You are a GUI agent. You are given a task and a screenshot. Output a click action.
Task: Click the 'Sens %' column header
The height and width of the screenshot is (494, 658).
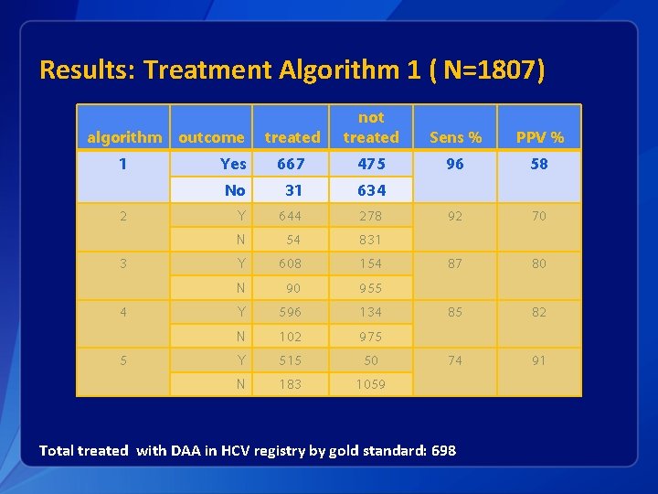coord(455,137)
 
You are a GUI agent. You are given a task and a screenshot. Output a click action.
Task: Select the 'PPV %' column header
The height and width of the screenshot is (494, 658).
coord(539,137)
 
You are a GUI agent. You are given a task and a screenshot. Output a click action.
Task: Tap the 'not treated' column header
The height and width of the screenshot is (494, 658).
coord(371,127)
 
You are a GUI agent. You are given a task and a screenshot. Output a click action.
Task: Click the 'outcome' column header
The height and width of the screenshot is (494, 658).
coord(211,137)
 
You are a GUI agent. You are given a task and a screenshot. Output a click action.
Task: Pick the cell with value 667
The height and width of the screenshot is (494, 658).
coord(292,164)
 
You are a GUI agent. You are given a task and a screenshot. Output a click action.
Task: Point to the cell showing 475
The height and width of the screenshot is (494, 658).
coord(371,164)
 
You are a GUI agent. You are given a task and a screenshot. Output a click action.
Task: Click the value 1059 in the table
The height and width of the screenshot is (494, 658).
coord(371,384)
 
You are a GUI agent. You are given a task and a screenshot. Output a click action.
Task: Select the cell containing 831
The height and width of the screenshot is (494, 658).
coord(371,240)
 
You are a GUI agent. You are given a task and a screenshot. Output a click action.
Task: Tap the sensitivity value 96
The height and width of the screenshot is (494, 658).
coord(455,164)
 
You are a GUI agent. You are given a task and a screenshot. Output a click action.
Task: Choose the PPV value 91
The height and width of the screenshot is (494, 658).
coord(539,360)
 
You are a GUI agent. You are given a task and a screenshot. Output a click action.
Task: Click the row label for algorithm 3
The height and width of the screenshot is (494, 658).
coord(123,263)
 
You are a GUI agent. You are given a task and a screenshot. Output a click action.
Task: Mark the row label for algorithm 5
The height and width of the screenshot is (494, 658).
coord(123,360)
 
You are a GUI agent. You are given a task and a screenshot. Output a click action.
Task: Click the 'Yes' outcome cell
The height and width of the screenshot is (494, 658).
coord(233,164)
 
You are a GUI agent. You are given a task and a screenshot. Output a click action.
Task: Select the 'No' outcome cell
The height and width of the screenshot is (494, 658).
coord(235,190)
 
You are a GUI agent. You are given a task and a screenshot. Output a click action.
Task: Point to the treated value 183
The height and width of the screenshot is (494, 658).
coord(292,384)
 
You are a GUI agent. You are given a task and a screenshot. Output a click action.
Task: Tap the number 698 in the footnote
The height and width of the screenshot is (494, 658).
coord(440,450)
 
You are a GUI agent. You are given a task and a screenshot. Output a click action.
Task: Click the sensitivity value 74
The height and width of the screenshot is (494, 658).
coord(455,360)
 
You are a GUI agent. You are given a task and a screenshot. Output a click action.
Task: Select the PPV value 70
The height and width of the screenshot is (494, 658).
coord(539,216)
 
